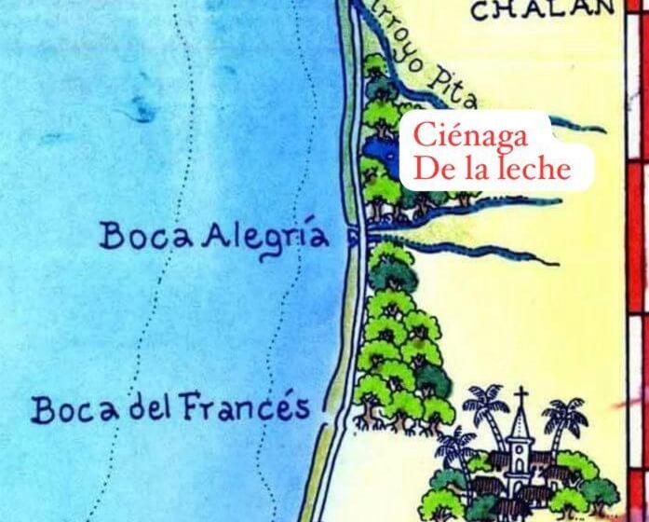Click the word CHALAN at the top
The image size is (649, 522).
pos(541,10)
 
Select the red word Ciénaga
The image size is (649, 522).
pos(472,136)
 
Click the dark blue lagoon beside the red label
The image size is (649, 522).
pos(377,149)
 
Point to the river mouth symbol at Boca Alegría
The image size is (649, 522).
pos(354,238)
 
